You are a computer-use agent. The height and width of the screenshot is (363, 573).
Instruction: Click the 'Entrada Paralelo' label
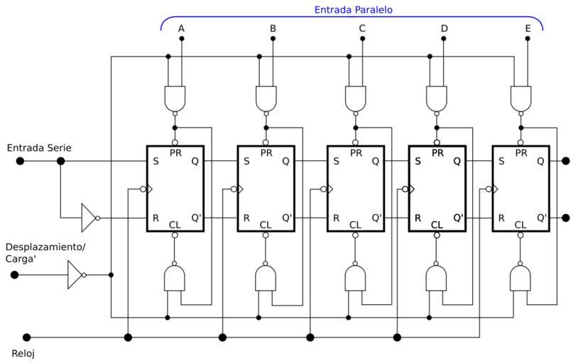coord(353,10)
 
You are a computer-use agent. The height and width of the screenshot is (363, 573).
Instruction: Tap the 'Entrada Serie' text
coord(39,147)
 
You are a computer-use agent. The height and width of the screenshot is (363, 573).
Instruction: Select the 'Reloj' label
coord(23,353)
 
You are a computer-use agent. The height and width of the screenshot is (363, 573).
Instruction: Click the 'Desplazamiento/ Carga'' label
coord(45,252)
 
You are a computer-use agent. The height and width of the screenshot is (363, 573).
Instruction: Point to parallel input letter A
coord(181,28)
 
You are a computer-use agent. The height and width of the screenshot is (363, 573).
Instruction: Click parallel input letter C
coord(362,28)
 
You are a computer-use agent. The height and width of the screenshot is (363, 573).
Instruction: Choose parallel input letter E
coord(528,28)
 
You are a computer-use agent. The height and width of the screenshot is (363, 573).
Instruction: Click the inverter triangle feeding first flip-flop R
coord(89,218)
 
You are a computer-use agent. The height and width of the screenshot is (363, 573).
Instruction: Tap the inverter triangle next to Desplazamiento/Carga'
coord(75,274)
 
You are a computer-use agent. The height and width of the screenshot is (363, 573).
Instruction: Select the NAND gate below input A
coord(175,98)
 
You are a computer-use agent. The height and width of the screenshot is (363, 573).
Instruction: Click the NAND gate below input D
coord(437,98)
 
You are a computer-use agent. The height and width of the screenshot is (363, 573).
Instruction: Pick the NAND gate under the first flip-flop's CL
coord(175,278)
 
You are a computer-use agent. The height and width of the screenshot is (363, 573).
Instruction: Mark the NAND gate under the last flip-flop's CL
coord(520,278)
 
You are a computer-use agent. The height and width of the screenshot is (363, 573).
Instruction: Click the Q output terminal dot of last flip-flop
coord(565,161)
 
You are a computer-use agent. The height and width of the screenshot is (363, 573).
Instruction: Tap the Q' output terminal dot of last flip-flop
coord(565,218)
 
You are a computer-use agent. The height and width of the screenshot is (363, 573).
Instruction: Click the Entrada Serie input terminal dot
coord(20,161)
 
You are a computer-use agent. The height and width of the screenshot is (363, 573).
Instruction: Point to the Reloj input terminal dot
coord(27,337)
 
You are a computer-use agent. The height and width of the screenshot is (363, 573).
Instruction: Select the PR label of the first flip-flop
coord(175,152)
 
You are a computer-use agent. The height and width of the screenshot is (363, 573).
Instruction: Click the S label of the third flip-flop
coord(337,161)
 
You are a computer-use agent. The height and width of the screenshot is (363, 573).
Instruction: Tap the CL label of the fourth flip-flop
coord(437,225)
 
